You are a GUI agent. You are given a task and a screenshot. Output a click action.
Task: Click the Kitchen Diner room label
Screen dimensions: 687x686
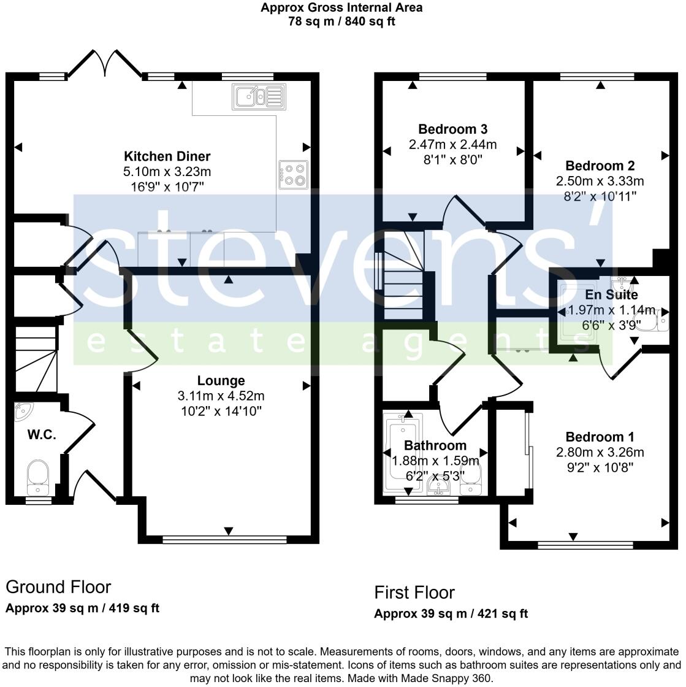[x=167, y=156]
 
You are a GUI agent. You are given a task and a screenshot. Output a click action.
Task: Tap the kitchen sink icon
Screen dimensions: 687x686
[x=257, y=96]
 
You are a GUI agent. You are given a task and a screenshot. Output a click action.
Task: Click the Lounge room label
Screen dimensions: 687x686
[x=221, y=380]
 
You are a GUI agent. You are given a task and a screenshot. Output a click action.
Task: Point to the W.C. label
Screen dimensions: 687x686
[x=42, y=435]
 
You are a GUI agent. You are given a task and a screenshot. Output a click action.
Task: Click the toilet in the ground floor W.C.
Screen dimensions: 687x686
[x=38, y=478]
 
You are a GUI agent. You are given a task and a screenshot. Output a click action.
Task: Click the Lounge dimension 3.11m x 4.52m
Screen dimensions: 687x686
[x=221, y=396]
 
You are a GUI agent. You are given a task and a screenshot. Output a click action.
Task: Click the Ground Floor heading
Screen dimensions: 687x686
[x=58, y=587]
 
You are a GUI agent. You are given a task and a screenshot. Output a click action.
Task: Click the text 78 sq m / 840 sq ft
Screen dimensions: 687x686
[x=341, y=21]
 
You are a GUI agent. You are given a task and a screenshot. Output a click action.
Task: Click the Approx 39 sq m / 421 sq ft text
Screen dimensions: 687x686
[x=451, y=614]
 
